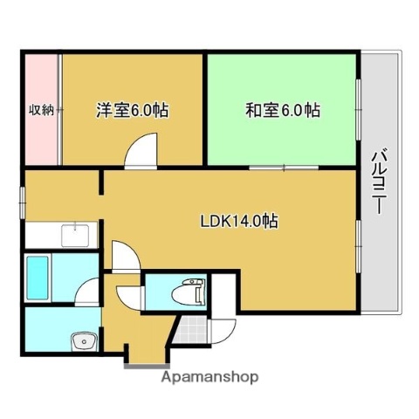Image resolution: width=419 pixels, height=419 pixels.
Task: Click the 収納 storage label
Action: (x=41, y=110)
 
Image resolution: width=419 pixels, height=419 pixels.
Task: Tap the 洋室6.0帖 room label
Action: (x=132, y=111)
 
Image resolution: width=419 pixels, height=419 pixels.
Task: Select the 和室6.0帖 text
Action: (x=282, y=111)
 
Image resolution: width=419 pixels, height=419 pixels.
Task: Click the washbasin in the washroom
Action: (x=86, y=340)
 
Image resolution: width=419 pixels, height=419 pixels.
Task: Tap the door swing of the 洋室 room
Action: (x=141, y=152)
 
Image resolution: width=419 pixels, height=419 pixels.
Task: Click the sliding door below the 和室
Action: (x=284, y=167)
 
